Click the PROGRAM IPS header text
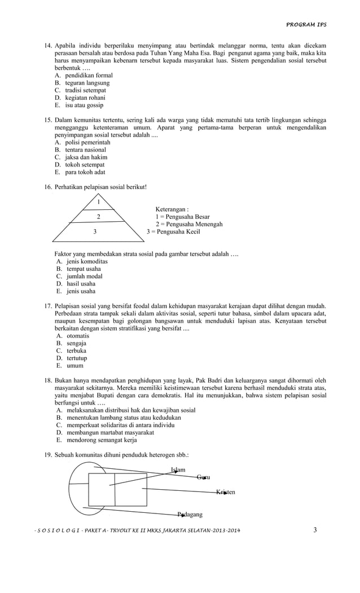coord(306,25)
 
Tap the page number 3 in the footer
coord(315,529)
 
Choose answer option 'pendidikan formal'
coord(89,75)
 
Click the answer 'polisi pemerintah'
coord(87,143)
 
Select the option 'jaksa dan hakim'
coord(86,157)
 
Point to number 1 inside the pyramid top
coord(99,202)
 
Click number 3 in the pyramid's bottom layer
coord(95,231)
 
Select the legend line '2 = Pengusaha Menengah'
coord(188,224)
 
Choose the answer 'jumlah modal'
coord(84,276)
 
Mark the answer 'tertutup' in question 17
coord(77,358)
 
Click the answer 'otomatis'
coord(78,336)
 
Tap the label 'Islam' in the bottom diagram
coord(178,470)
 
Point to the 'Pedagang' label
coord(190,514)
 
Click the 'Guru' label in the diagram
coord(203,477)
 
